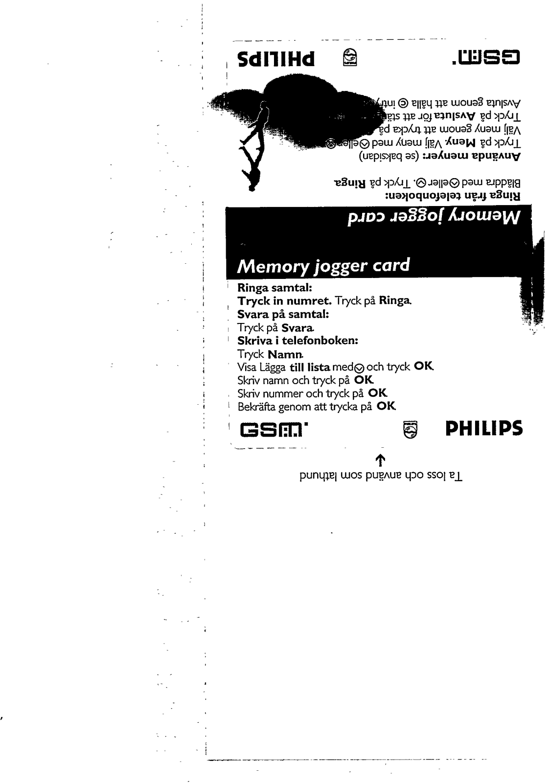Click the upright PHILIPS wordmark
484,429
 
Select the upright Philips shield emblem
409,430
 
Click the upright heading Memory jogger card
323,266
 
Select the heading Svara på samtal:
283,314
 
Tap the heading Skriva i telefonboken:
298,341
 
